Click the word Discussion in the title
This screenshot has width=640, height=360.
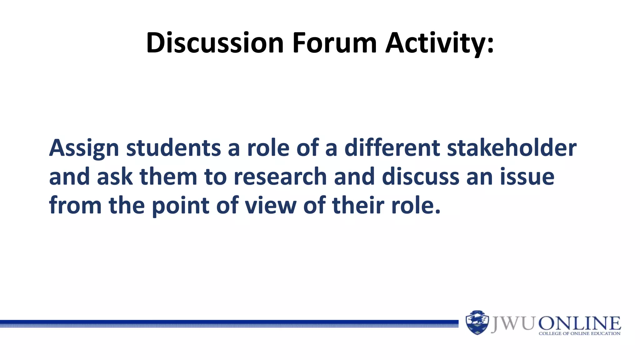215,43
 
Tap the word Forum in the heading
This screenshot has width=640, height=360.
334,43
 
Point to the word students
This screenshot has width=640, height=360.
173,148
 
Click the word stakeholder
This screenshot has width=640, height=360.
512,148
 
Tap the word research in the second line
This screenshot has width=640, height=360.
280,177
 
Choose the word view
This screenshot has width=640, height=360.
271,206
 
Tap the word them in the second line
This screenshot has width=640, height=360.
168,177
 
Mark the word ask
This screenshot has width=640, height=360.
115,177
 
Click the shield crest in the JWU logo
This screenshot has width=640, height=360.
477,322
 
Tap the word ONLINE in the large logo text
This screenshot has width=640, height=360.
579,323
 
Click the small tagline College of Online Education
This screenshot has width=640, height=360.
579,333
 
